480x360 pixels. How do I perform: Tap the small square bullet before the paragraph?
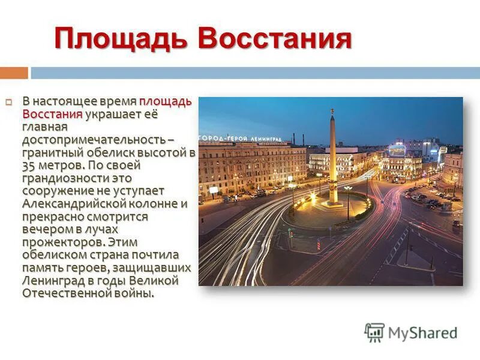(x=9, y=102)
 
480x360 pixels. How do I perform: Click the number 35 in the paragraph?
(x=29, y=165)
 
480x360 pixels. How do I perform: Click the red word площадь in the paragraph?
(x=166, y=101)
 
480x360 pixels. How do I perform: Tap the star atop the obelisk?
(x=331, y=111)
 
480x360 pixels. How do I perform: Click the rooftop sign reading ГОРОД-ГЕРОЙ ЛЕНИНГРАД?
(x=241, y=138)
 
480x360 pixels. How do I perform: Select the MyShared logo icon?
(x=374, y=332)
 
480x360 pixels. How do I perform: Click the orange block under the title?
(x=14, y=73)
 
